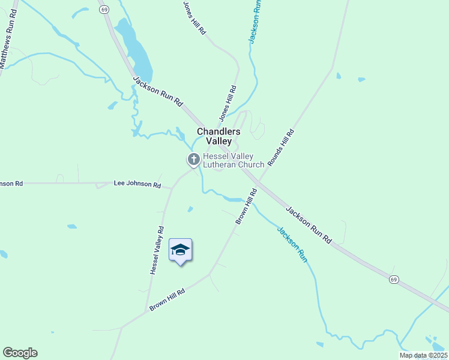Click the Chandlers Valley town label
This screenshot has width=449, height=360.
pyautogui.click(x=218, y=136)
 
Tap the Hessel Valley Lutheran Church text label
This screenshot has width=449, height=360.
pyautogui.click(x=234, y=160)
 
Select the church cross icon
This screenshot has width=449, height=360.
pyautogui.click(x=193, y=160)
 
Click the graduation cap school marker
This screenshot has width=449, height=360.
pyautogui.click(x=180, y=250)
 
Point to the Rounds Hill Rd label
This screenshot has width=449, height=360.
pyautogui.click(x=281, y=148)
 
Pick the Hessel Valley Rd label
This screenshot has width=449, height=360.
pyautogui.click(x=157, y=250)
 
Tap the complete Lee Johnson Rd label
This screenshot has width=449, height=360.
pyautogui.click(x=137, y=184)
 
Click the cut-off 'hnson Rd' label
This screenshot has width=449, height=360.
pyautogui.click(x=11, y=183)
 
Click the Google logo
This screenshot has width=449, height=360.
pyautogui.click(x=20, y=353)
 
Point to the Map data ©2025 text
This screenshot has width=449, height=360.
pyautogui.click(x=423, y=355)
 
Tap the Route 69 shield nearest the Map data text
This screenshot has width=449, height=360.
pyautogui.click(x=393, y=280)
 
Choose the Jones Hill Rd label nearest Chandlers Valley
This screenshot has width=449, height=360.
pyautogui.click(x=228, y=103)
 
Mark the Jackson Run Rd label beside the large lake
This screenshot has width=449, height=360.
pyautogui.click(x=157, y=91)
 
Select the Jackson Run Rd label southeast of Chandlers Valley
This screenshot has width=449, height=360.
pyautogui.click(x=309, y=224)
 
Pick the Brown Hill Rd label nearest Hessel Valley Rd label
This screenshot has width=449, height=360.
pyautogui.click(x=167, y=298)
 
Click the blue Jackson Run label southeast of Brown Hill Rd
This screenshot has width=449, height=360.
pyautogui.click(x=292, y=242)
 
